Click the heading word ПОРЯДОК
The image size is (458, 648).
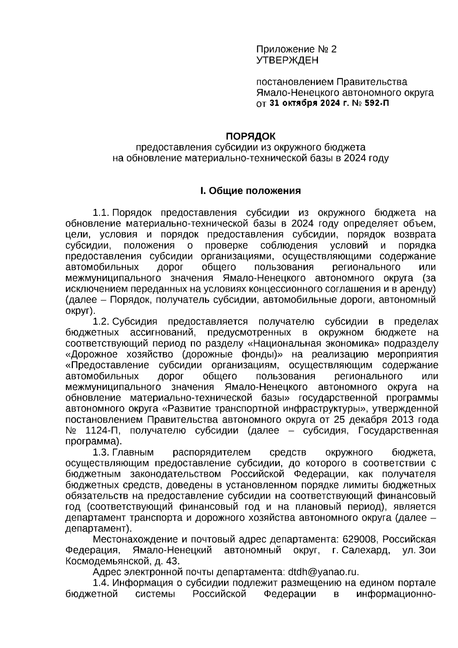click(250, 136)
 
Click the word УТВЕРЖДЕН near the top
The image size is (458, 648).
click(287, 60)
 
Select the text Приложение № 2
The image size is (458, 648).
click(296, 49)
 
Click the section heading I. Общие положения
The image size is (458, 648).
click(250, 191)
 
